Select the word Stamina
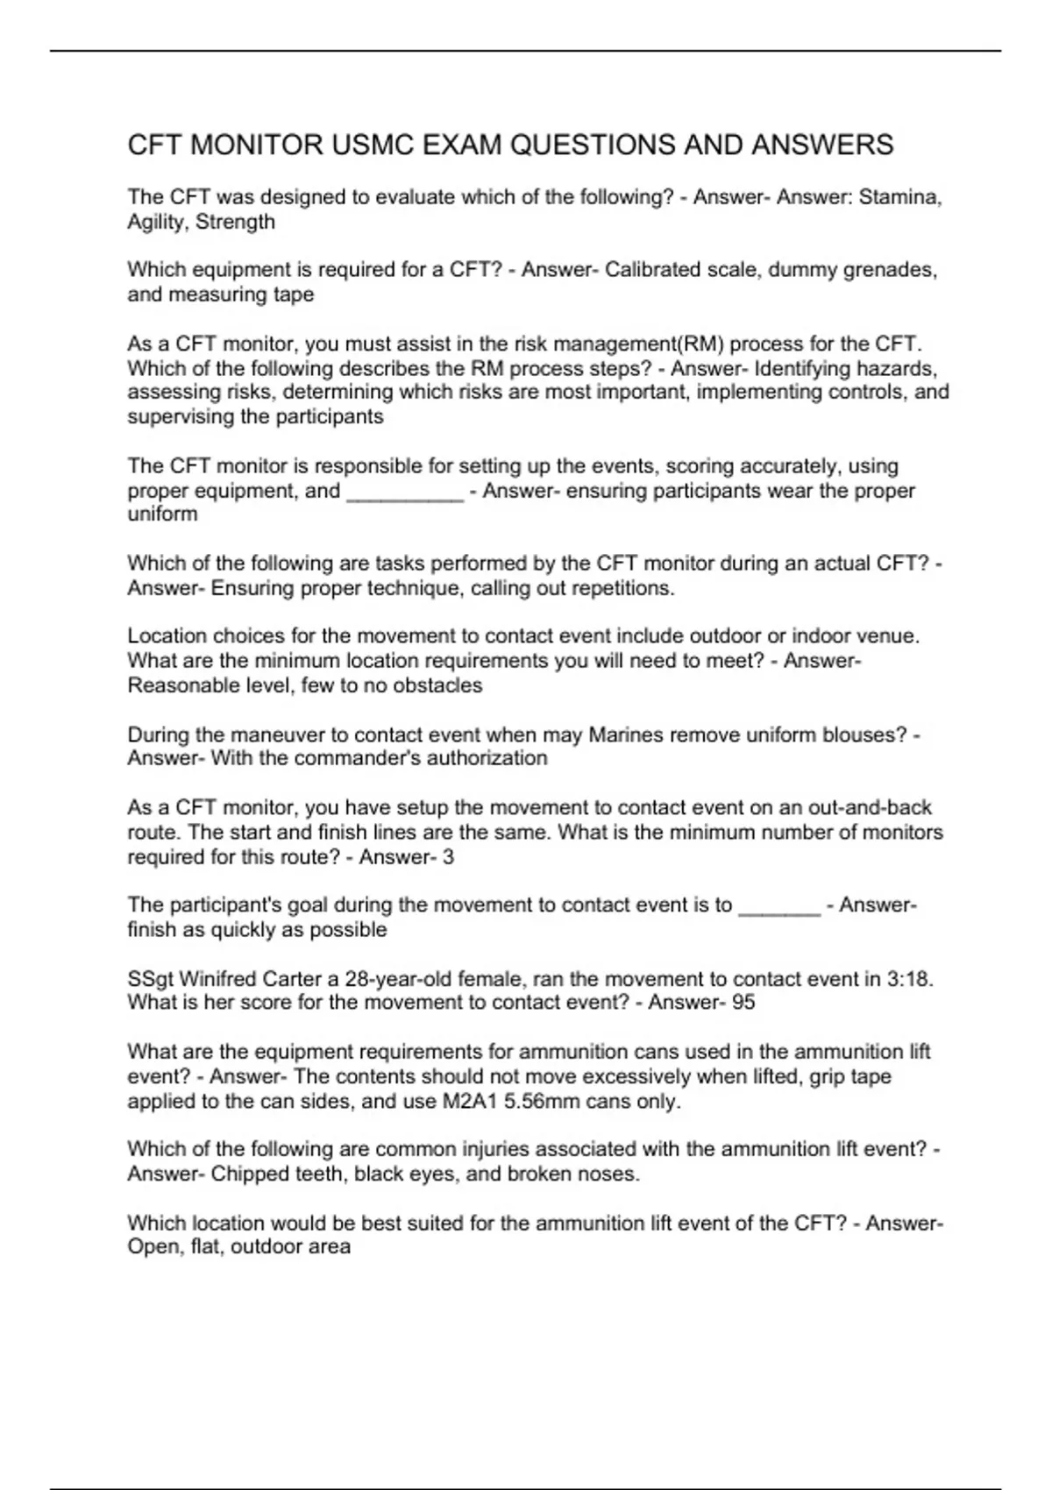(x=900, y=197)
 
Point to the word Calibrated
(x=646, y=270)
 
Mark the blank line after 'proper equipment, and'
(x=405, y=491)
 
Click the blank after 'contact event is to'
(x=779, y=905)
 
